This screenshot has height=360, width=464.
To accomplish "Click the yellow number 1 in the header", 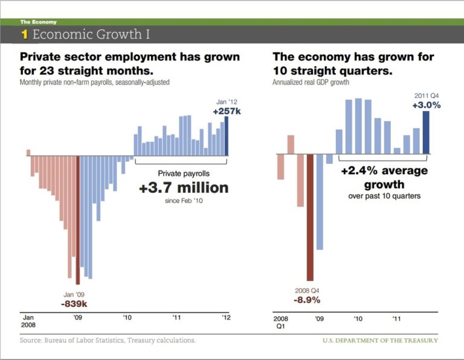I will click(x=25, y=34).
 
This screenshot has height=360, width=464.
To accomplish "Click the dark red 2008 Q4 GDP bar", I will click(x=310, y=217).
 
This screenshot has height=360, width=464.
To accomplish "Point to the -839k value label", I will click(x=74, y=303).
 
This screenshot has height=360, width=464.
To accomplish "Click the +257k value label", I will click(x=227, y=112).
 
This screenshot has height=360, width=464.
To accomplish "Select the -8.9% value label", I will click(x=307, y=300).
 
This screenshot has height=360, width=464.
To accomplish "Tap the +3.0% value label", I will click(x=427, y=104).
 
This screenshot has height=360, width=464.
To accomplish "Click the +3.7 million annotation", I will click(x=184, y=188).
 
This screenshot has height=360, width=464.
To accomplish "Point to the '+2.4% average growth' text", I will click(x=384, y=177).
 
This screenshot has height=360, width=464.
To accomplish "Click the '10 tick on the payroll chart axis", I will click(x=127, y=317).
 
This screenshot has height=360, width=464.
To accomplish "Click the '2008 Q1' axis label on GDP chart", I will click(x=280, y=321).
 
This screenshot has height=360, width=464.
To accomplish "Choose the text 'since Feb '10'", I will click(x=184, y=201).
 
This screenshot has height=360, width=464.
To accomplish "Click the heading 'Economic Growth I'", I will click(x=91, y=34).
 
